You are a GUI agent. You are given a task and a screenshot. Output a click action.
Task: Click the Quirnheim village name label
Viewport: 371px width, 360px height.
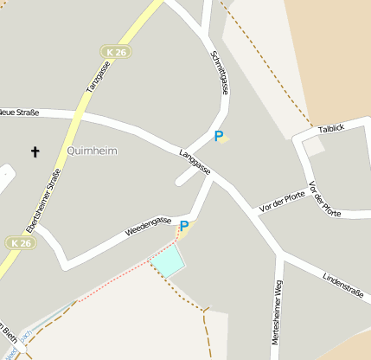coord(91,150)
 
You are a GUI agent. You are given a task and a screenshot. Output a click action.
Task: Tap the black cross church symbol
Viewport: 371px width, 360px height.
coord(35,152)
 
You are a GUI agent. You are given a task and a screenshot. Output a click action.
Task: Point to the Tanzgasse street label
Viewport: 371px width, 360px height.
coord(94,78)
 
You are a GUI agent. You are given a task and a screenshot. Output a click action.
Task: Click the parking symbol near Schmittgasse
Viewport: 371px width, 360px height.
coord(219,136)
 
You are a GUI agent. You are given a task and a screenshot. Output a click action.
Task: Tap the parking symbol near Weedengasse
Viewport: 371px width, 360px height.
coord(184,227)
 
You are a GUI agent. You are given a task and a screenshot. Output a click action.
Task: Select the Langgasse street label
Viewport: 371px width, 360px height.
coord(195,162)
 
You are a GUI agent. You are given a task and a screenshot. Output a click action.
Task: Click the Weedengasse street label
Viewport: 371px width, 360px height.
coord(148,227)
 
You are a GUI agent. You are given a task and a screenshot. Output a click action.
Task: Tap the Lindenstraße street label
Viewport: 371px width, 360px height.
coord(342,287)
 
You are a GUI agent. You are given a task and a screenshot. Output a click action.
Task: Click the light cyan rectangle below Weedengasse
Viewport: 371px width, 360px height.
coord(169,260)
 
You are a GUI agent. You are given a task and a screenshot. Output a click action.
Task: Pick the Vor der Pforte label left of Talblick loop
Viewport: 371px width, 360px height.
coord(282,201)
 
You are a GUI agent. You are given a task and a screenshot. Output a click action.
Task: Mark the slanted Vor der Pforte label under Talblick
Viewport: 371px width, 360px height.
coord(324,199)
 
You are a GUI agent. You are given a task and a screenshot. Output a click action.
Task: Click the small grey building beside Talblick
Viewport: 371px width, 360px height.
coord(313,146)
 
